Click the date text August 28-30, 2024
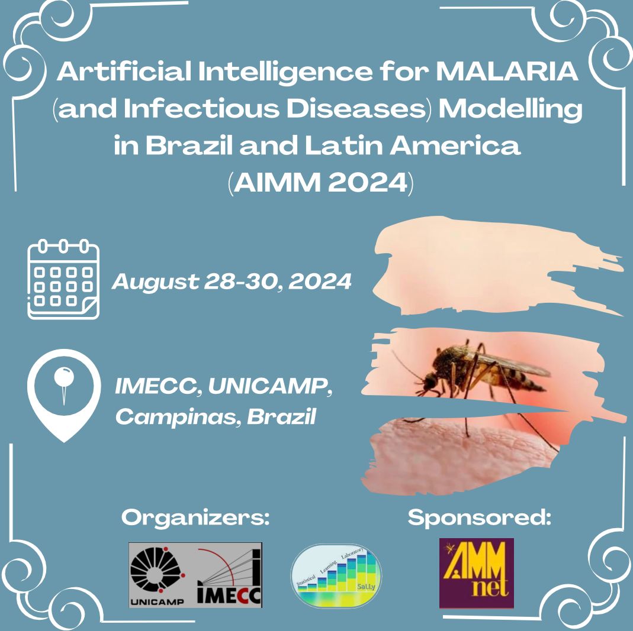(x=232, y=281)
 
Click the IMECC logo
(x=229, y=575)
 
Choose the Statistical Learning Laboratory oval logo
(x=336, y=576)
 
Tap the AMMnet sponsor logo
(x=476, y=573)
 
